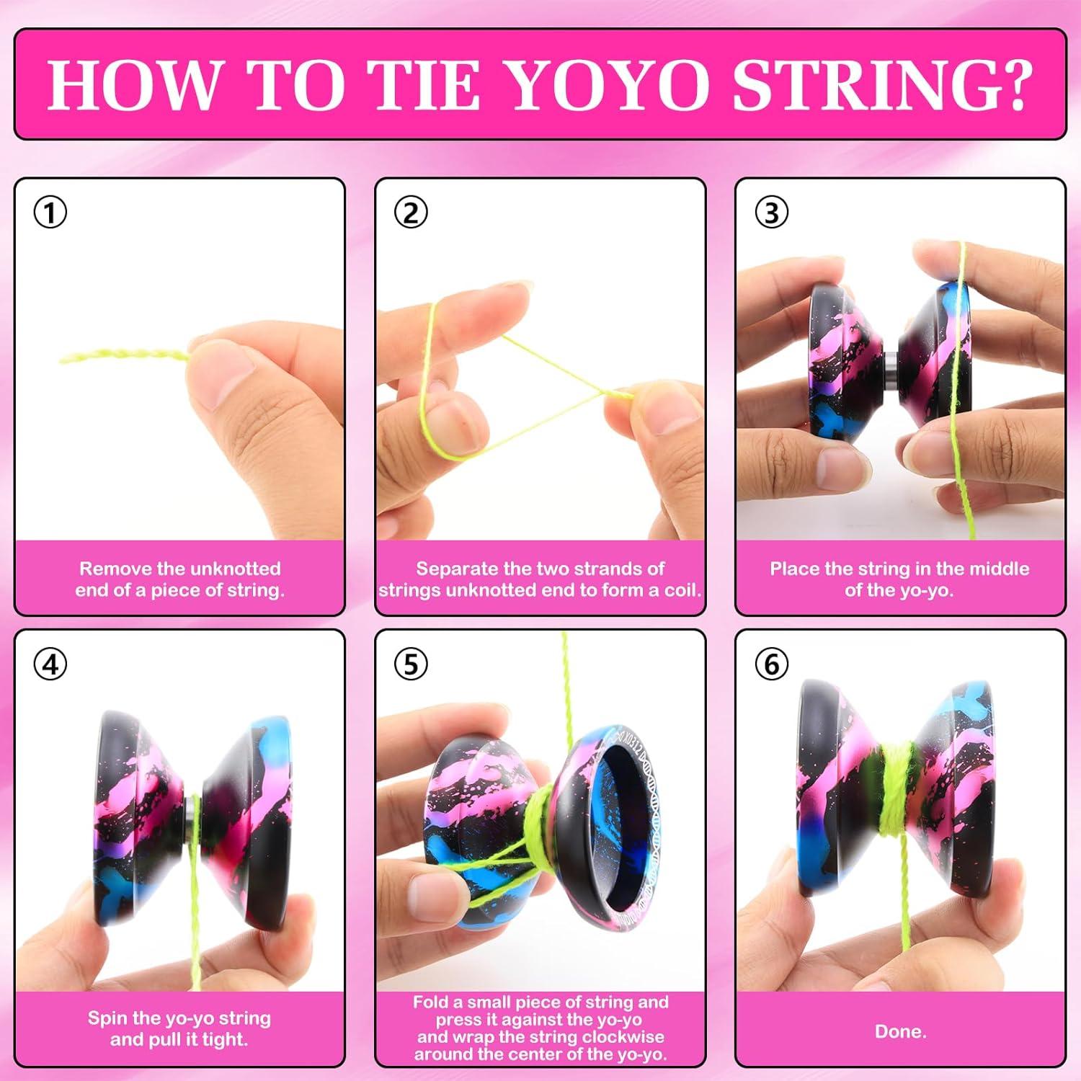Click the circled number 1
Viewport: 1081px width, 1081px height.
[x=50, y=213]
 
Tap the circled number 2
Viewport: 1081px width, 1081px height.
[x=411, y=213]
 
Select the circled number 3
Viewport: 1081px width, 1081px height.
[x=771, y=213]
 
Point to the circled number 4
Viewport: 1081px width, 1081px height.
[x=50, y=664]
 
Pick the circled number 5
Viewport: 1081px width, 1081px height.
[x=411, y=664]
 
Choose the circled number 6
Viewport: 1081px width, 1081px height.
[x=771, y=664]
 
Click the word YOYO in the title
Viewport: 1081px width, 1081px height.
[x=610, y=84]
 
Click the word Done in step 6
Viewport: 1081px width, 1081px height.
[x=900, y=1031]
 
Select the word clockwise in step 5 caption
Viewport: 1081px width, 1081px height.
[x=626, y=1037]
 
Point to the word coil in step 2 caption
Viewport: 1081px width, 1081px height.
[x=681, y=590]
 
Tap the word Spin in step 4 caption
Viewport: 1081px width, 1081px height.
[x=105, y=1018]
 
